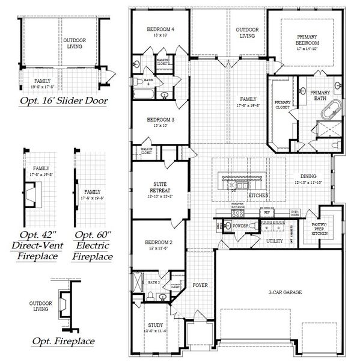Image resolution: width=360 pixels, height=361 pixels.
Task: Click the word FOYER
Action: coord(200,285)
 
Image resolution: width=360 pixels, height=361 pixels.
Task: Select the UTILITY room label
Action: coord(275,241)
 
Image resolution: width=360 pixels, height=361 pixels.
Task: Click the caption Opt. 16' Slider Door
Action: coord(64,100)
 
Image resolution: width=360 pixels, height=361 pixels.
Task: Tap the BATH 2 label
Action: coord(154,282)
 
